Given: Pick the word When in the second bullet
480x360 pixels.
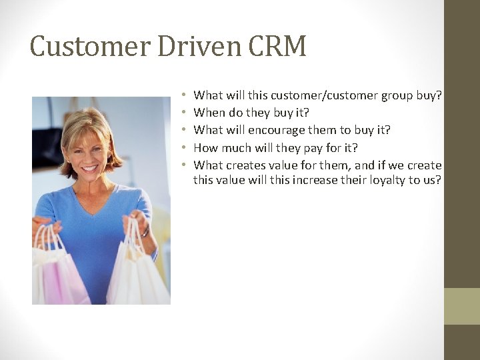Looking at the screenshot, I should coord(209,113).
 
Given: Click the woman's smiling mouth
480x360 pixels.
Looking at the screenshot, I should coord(89,168).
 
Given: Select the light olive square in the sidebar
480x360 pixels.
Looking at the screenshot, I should coord(461,306).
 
